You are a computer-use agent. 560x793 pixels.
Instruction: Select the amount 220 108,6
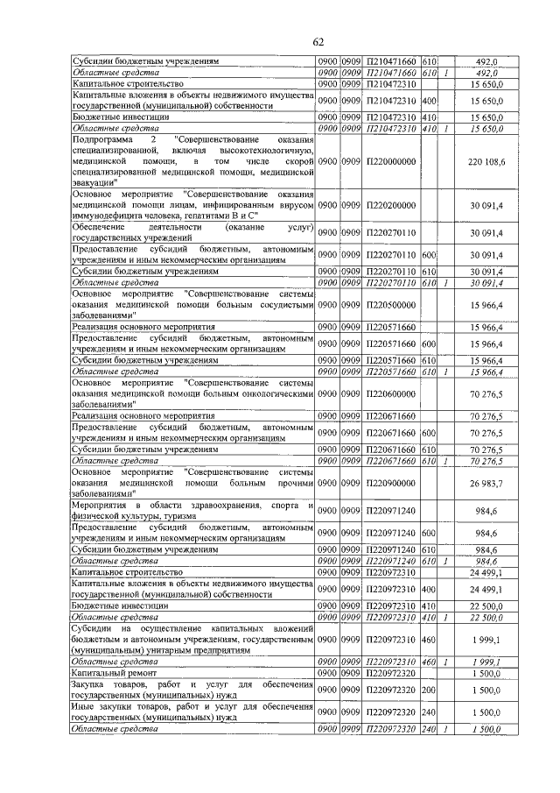(486, 163)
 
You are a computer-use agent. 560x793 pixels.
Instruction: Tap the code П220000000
(391, 163)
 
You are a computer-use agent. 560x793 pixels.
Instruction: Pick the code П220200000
(391, 206)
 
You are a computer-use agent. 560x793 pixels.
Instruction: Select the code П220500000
(391, 308)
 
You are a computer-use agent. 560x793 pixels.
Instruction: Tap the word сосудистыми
(283, 307)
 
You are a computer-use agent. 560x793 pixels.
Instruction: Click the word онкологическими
(271, 393)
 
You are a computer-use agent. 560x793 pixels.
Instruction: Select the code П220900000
(391, 483)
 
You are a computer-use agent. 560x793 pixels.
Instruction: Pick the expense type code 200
(429, 690)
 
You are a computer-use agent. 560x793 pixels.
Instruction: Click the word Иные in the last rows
(83, 707)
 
